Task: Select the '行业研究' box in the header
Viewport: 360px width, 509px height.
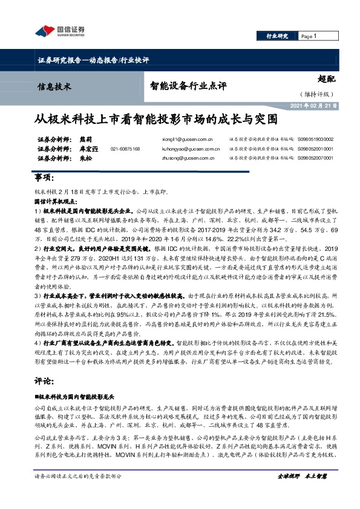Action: tap(278, 37)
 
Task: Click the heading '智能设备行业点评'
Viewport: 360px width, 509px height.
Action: tap(188, 86)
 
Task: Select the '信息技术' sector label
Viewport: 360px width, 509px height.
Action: tap(55, 86)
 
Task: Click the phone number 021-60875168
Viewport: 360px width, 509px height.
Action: tap(125, 148)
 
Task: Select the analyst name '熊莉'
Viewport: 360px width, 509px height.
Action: tap(87, 139)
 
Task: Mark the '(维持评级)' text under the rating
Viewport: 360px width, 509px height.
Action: tap(315, 94)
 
